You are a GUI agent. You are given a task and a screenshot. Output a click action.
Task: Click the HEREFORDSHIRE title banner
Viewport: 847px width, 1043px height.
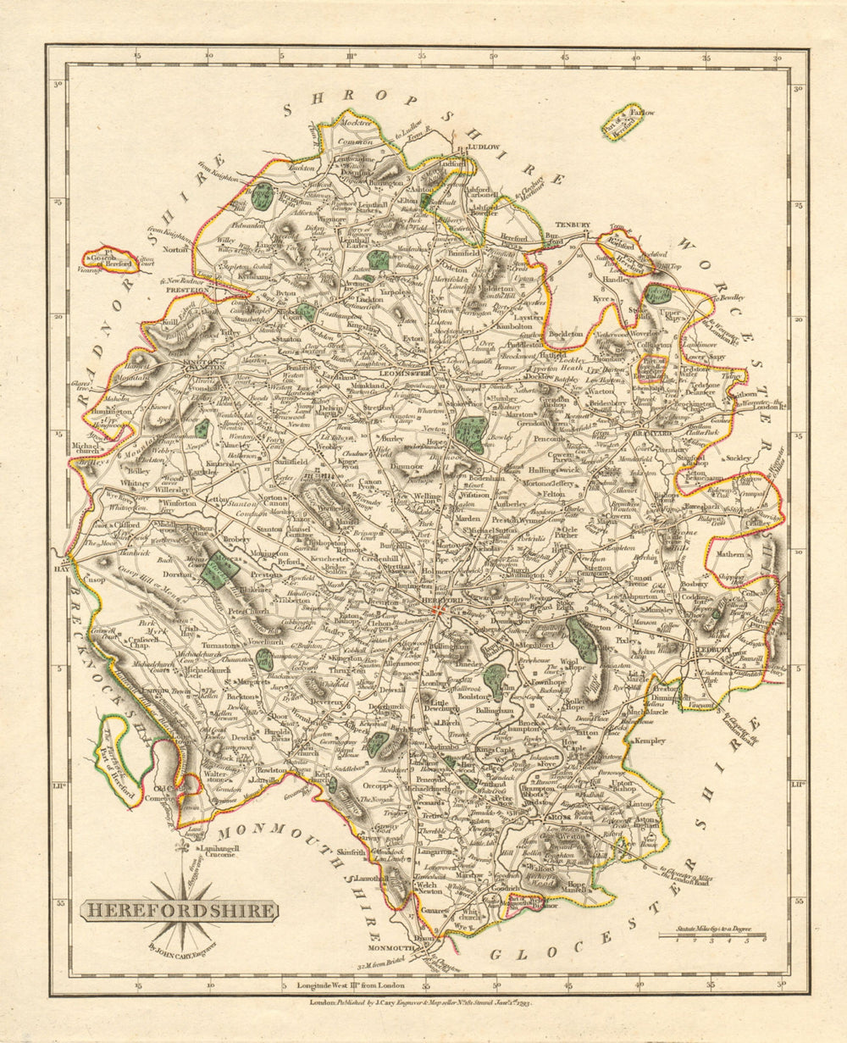click(x=179, y=912)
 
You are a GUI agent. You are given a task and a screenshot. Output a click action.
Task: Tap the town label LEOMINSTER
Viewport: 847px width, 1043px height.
click(x=406, y=372)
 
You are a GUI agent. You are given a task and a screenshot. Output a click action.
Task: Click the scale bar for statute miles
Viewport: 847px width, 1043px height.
click(x=713, y=936)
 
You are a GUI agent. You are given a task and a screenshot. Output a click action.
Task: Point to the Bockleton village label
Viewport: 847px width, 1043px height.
click(x=567, y=334)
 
